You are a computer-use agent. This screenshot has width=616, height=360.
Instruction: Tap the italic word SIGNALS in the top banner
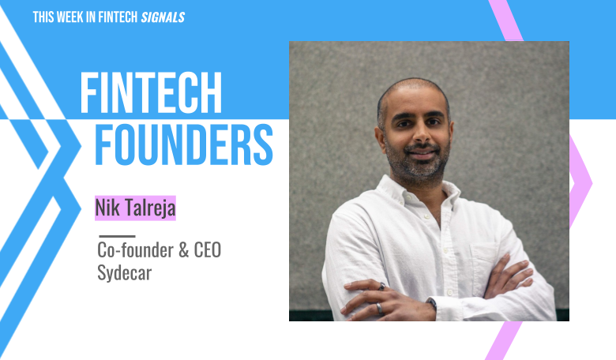(163, 17)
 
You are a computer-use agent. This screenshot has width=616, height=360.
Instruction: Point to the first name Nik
(106, 208)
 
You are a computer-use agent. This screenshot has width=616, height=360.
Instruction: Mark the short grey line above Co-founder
(117, 235)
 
